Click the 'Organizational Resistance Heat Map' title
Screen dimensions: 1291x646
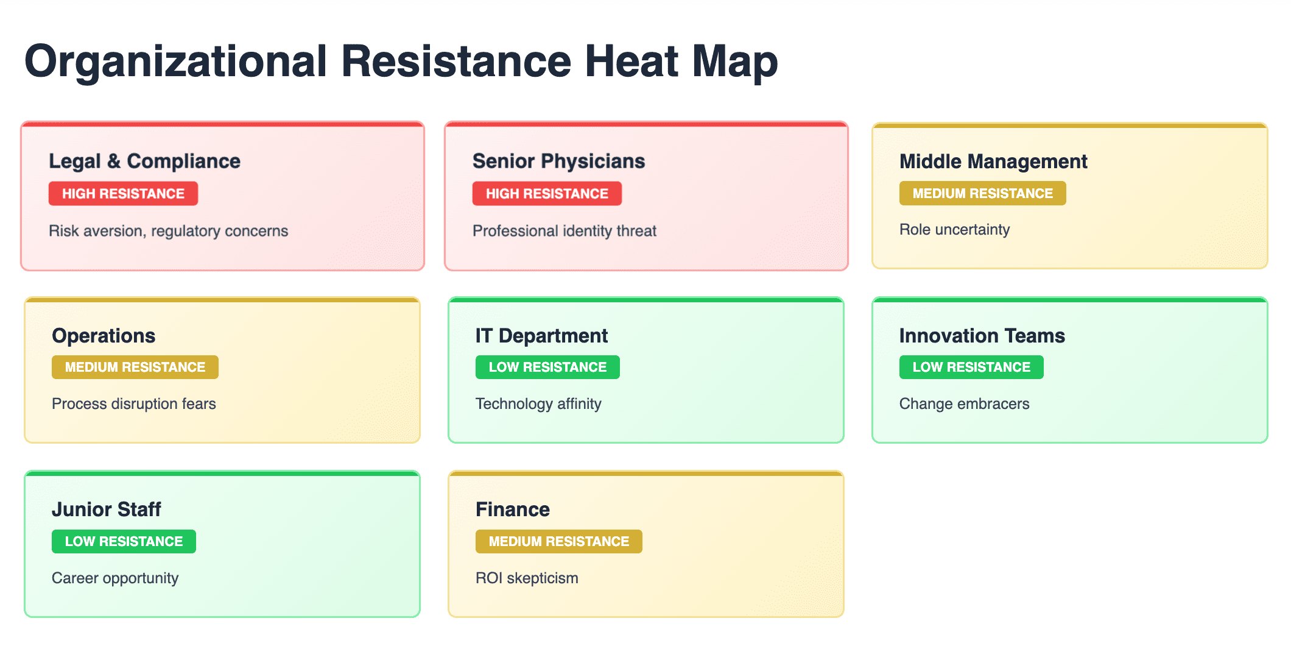click(x=401, y=62)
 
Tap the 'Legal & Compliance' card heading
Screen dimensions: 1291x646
click(x=144, y=161)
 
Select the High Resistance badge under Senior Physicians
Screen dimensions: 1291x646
click(x=547, y=193)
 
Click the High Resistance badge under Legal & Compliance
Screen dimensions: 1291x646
click(x=123, y=193)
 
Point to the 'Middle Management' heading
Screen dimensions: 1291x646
click(x=993, y=161)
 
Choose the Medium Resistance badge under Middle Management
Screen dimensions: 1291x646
click(x=982, y=193)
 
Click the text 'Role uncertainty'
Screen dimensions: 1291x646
click(x=954, y=230)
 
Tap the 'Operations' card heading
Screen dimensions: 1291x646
click(x=104, y=336)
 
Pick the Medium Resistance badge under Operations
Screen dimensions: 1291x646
click(x=135, y=367)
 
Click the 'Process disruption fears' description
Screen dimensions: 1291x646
click(x=134, y=403)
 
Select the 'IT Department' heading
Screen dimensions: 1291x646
click(x=541, y=336)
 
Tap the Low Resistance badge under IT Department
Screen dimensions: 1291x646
click(x=547, y=367)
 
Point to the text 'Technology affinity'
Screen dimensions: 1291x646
click(x=538, y=403)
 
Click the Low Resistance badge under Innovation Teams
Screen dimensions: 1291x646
click(x=971, y=367)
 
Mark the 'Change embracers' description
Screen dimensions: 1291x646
click(x=964, y=403)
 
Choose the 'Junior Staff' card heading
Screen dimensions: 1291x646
click(x=106, y=509)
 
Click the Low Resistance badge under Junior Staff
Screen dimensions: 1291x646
click(x=124, y=541)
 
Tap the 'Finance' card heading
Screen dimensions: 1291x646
click(x=512, y=509)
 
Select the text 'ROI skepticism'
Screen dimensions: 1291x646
click(x=527, y=578)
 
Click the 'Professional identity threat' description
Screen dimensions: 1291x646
click(x=565, y=231)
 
